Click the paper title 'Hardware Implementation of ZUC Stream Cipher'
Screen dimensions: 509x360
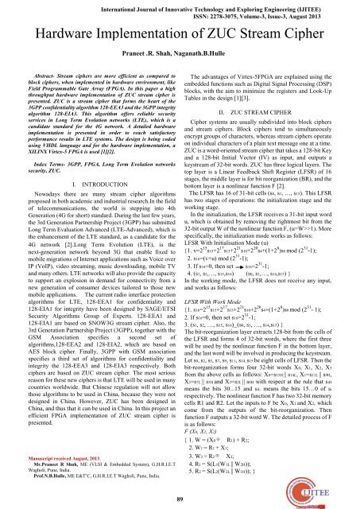(180, 34)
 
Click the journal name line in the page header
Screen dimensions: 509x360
(180, 7)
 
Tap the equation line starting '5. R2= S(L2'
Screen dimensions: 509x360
(230, 478)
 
